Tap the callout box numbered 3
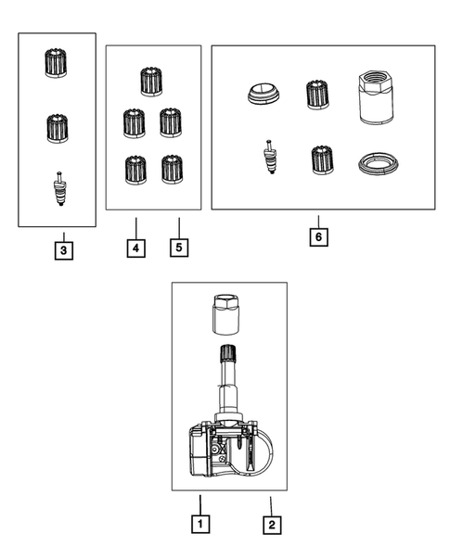tap(64, 250)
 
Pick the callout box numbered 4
tap(136, 248)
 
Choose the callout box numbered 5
tap(179, 248)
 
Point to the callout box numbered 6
tap(319, 236)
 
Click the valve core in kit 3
tap(60, 188)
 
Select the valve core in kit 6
tap(271, 157)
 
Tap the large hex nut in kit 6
tap(376, 97)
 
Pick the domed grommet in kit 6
tap(264, 94)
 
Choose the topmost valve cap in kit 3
tap(56, 63)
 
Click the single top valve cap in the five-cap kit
tap(151, 82)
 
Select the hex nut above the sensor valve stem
tap(226, 314)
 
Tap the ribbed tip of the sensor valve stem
tap(227, 353)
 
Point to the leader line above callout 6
tap(318, 222)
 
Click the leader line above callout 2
tap(271, 506)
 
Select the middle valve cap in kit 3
tap(58, 128)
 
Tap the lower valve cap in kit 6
tap(322, 159)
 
